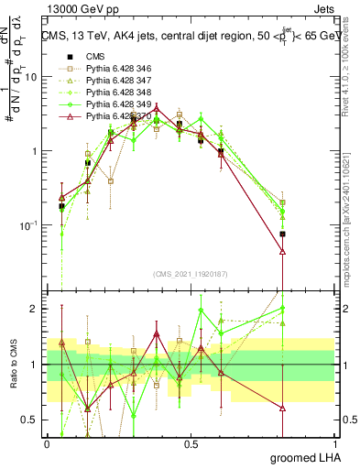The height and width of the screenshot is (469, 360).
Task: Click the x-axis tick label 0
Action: tap(47, 443)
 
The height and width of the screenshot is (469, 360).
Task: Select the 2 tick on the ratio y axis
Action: tap(37, 309)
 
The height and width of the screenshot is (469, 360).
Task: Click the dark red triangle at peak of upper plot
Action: tap(157, 107)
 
